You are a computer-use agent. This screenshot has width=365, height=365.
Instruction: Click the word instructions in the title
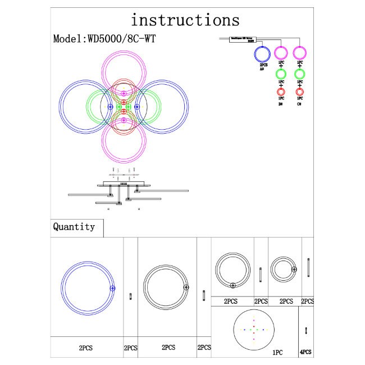pyautogui.click(x=185, y=20)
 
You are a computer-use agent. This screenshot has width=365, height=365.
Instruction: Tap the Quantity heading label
pyautogui.click(x=74, y=227)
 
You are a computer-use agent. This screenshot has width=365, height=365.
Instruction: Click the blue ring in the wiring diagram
pyautogui.click(x=262, y=54)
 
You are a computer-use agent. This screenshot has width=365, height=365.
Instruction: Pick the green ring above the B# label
pyautogui.click(x=281, y=74)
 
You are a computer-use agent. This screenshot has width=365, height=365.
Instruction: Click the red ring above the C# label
pyautogui.click(x=300, y=92)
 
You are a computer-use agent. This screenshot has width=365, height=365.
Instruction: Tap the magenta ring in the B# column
pyautogui.click(x=281, y=54)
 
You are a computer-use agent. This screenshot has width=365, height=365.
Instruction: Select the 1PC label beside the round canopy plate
pyautogui.click(x=277, y=353)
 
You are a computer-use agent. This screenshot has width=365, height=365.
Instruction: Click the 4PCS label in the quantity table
pyautogui.click(x=306, y=353)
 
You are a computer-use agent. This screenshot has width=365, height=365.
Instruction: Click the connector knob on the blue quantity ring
pyautogui.click(x=112, y=288)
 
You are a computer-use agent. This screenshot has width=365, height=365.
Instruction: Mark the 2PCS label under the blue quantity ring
pyautogui.click(x=86, y=348)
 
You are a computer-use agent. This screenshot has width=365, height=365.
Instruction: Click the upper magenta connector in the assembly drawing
pyautogui.click(x=124, y=93)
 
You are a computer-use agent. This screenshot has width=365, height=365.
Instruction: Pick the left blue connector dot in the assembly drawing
pyautogui.click(x=110, y=106)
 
